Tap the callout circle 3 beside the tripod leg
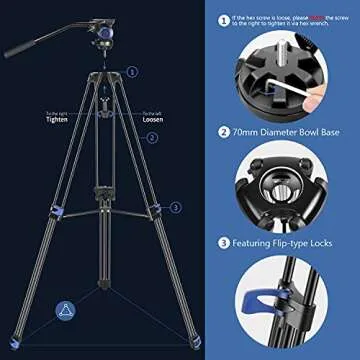175,207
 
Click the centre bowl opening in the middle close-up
280,189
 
